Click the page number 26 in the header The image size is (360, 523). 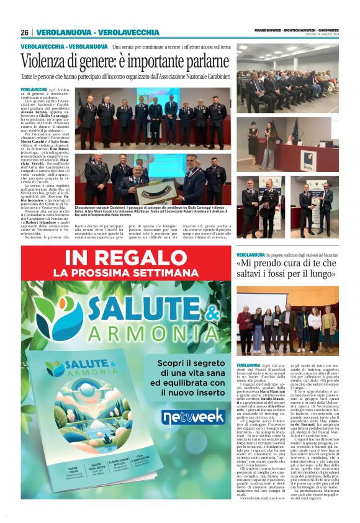24,32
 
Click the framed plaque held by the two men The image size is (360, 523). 149,191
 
